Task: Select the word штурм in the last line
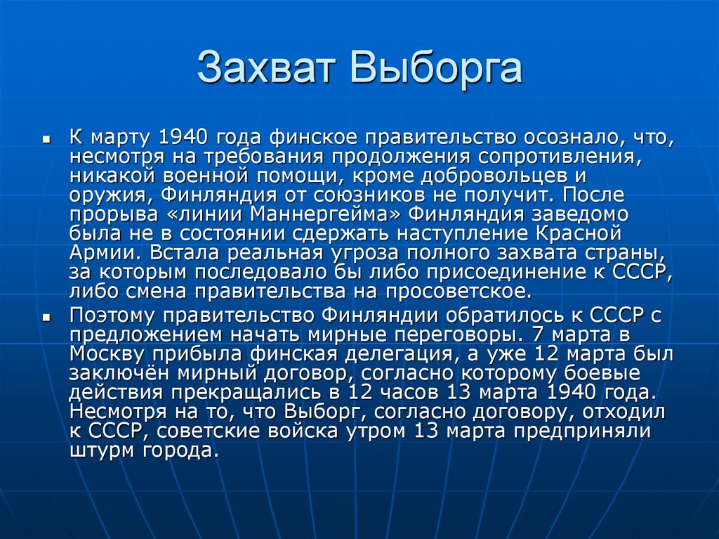pos(98,450)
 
